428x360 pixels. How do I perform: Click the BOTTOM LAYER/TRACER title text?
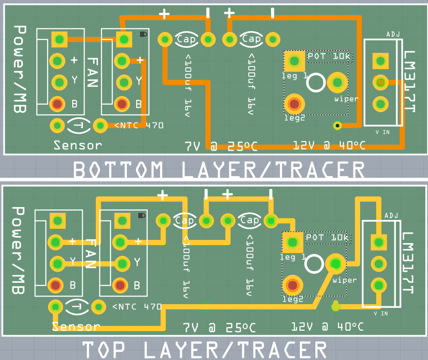pyautogui.click(x=219, y=170)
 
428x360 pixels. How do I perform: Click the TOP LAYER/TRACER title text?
pyautogui.click(x=204, y=350)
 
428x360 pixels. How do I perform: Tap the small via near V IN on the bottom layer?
pyautogui.click(x=338, y=125)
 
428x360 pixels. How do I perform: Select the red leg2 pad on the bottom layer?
pyautogui.click(x=294, y=104)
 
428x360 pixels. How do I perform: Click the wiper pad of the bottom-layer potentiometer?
pyautogui.click(x=338, y=82)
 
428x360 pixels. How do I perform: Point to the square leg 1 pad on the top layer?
pyautogui.click(x=292, y=242)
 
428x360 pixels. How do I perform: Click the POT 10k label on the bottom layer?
pyautogui.click(x=329, y=56)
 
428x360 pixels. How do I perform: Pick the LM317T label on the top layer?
pyautogui.click(x=408, y=262)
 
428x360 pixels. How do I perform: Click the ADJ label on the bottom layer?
pyautogui.click(x=393, y=34)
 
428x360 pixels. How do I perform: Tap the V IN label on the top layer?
pyautogui.click(x=381, y=313)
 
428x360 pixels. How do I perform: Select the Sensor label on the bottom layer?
pyautogui.click(x=78, y=145)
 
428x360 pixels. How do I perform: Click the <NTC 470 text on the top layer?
pyautogui.click(x=137, y=307)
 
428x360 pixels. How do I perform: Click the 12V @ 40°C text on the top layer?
pyautogui.click(x=328, y=326)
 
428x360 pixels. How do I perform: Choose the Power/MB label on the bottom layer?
pyautogui.click(x=20, y=69)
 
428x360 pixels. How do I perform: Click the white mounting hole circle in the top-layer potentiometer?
pyautogui.click(x=314, y=264)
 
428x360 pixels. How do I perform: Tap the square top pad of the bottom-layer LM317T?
pyautogui.click(x=381, y=61)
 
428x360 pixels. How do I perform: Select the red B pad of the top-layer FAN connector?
pyautogui.click(x=120, y=285)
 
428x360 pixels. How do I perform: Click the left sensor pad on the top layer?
pyautogui.click(x=56, y=307)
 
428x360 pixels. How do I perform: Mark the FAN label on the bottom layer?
pyautogui.click(x=93, y=72)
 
